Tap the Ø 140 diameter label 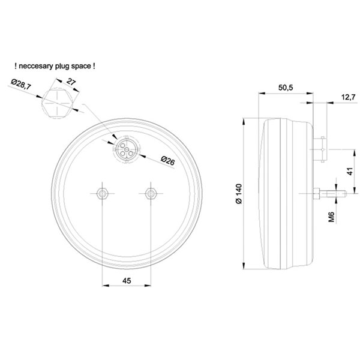239,194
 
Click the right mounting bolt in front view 151,193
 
